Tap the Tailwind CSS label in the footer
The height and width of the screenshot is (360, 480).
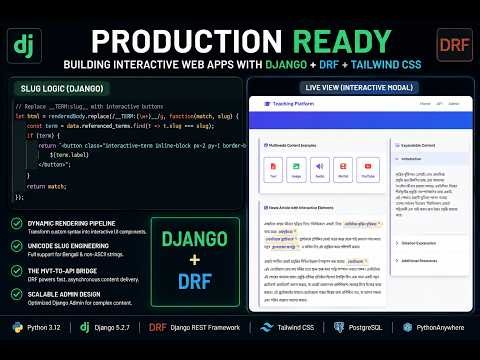coord(288,327)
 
